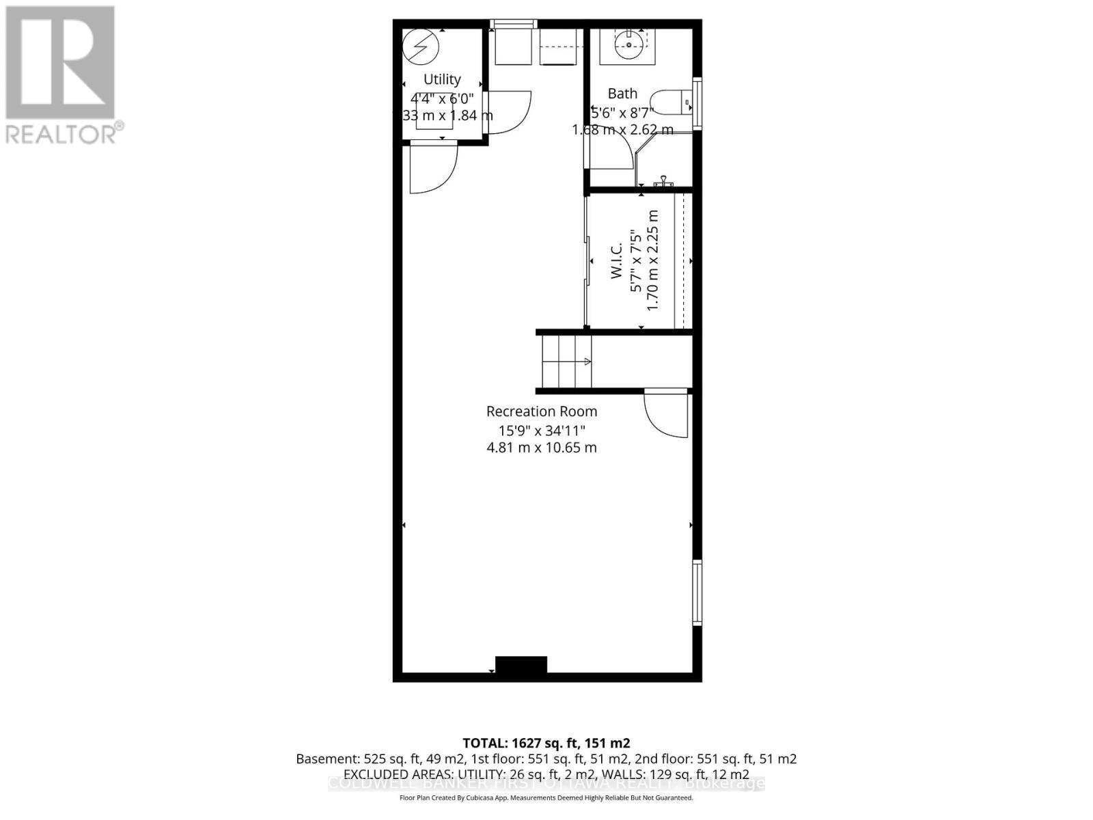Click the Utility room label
click(442, 79)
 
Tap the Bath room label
click(622, 94)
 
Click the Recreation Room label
click(541, 411)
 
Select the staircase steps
click(566, 361)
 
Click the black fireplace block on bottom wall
click(521, 665)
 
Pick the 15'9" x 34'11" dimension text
click(541, 430)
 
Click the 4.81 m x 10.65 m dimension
click(541, 448)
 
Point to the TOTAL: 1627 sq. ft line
click(546, 743)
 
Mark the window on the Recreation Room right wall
click(697, 592)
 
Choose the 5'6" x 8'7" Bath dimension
click(622, 111)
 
